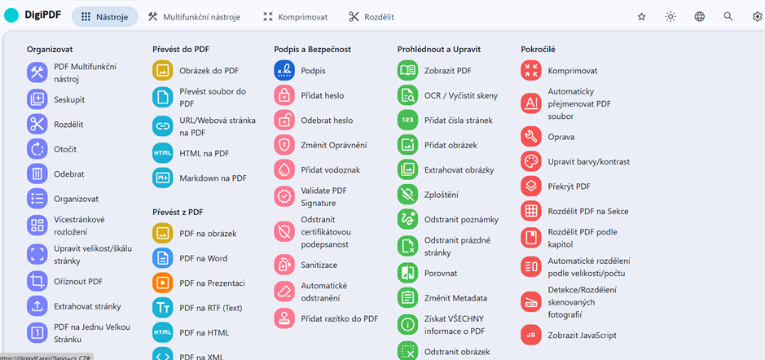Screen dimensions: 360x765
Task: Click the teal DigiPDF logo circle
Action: [x=11, y=16]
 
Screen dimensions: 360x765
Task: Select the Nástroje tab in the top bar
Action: [x=103, y=16]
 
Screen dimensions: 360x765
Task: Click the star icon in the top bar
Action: [x=641, y=16]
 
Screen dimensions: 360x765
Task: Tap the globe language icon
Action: [x=699, y=16]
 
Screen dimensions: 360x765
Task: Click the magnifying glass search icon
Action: [x=728, y=16]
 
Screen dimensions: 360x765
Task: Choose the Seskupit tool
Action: [x=69, y=99]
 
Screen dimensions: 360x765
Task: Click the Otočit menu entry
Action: [x=65, y=149]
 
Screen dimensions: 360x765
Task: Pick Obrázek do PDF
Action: [x=209, y=71]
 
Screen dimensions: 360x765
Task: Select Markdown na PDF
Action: [x=213, y=178]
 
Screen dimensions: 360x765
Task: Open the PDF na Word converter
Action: [x=203, y=258]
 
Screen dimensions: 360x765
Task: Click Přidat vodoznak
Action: [x=330, y=169]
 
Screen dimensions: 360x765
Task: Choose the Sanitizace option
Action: [x=319, y=265]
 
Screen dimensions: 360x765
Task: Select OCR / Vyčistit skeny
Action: [x=460, y=95]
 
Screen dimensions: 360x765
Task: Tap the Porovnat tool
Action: [x=440, y=273]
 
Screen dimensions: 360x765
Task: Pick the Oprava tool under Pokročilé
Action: [x=561, y=137]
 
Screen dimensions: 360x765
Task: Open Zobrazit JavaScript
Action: [x=582, y=335]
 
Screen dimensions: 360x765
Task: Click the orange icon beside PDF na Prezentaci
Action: [x=163, y=283]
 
